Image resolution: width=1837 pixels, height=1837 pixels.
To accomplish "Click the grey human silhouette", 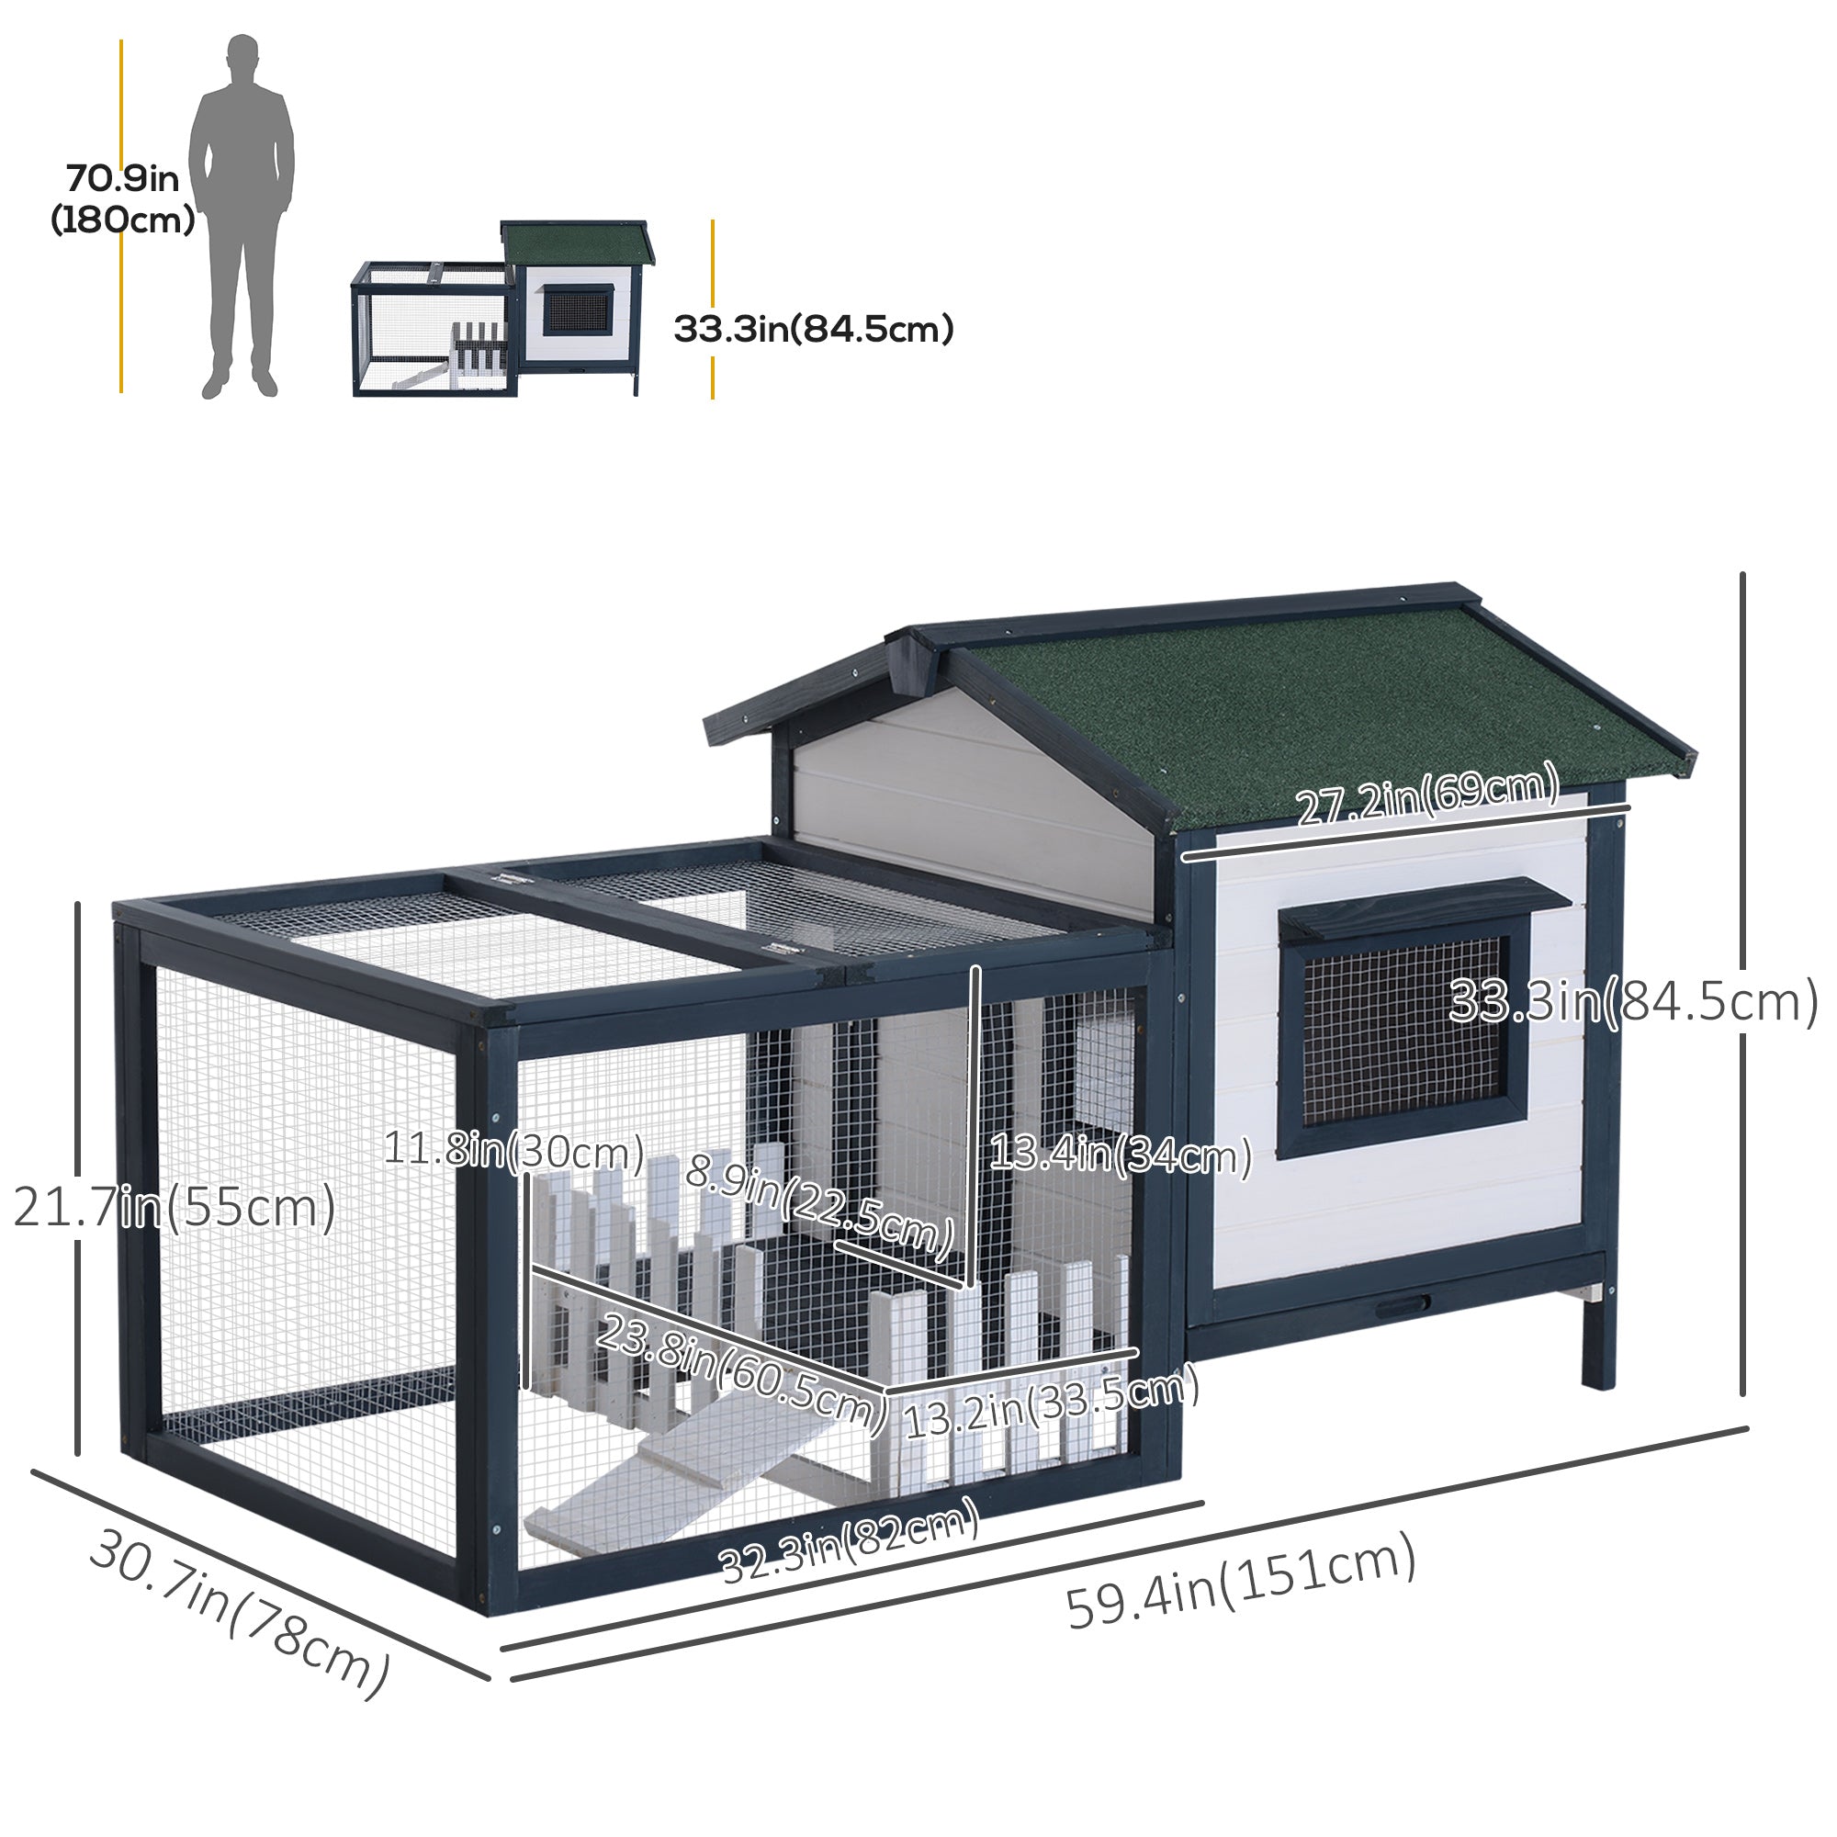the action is pos(242,217).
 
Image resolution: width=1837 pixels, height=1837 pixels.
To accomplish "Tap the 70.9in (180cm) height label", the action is pos(123,198).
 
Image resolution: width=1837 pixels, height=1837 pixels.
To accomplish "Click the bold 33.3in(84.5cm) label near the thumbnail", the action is pos(814,329).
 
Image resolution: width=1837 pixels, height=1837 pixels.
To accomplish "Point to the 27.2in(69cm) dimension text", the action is pos(1427,795).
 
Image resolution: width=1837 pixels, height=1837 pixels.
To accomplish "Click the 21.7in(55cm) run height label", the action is pos(175,1209).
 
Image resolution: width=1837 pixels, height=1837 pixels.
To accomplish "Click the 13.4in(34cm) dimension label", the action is pos(1121,1155).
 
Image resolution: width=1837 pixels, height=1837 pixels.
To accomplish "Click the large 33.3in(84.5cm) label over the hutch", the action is pos(1633,1002).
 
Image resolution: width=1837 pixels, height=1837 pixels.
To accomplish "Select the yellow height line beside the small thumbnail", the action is pos(712,309).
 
